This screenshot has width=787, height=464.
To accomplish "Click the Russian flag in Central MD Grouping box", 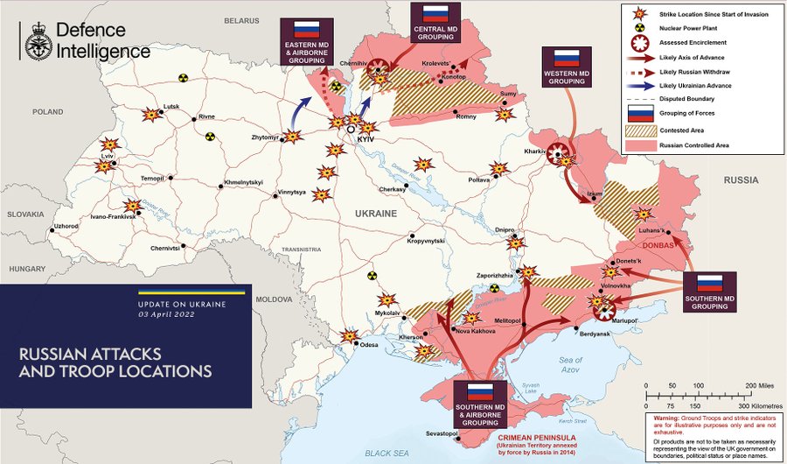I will [x=435, y=13].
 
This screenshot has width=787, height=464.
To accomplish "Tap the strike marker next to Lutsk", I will [x=153, y=115].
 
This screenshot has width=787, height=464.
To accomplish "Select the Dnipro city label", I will [x=505, y=230].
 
